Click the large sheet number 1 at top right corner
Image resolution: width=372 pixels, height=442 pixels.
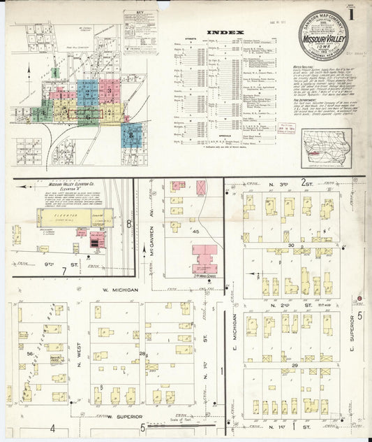coord(355,13)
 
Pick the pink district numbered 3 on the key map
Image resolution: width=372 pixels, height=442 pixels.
coord(109,91)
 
